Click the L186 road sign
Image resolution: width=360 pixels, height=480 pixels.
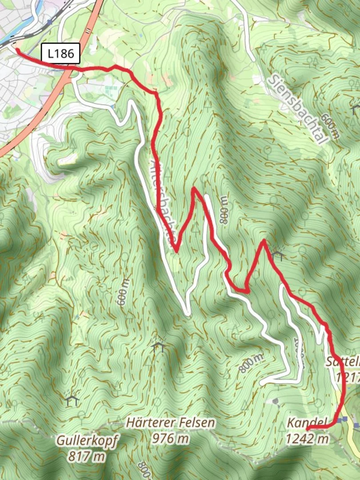pos(61,54)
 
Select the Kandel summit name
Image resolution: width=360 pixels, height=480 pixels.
pos(307,422)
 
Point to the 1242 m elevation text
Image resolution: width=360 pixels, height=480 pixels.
pos(307,439)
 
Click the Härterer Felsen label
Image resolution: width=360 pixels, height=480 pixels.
pos(170,423)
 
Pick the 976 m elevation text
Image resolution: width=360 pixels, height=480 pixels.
pos(170,439)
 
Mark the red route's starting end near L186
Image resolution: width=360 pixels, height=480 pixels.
pos(17,50)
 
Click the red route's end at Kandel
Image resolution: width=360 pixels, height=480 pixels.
pos(308,428)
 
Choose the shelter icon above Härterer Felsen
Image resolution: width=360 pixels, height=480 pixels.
pos(159,347)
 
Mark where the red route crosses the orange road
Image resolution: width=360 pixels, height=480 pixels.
pos(70,69)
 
